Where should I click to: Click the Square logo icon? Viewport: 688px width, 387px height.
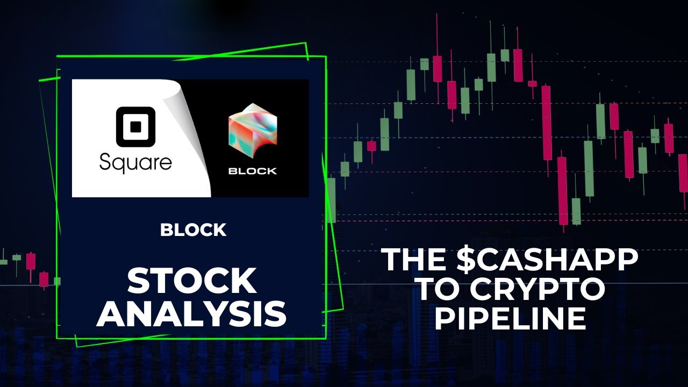coord(135,127)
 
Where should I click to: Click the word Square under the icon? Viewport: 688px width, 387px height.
coord(135,162)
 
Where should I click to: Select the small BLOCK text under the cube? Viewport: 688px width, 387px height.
coord(252,171)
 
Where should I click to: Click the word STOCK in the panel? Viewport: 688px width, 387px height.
coord(191,280)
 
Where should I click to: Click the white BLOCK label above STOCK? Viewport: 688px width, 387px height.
coord(193,230)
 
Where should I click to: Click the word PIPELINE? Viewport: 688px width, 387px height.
coord(510,319)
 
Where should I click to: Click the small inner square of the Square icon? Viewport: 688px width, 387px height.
coord(135,127)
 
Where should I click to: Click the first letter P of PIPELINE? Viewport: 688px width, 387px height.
coord(446,319)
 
